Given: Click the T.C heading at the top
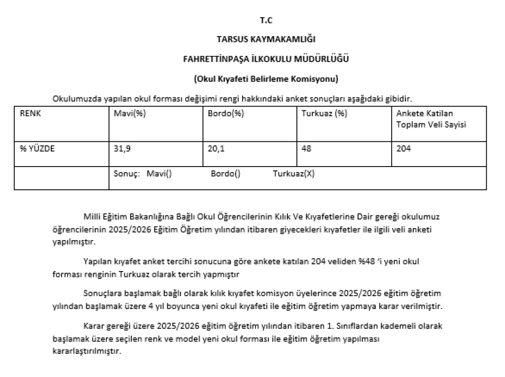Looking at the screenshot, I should point(266,20).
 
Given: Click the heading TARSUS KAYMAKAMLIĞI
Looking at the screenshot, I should point(266,39).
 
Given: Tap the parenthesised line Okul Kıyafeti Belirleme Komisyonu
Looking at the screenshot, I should point(266,78).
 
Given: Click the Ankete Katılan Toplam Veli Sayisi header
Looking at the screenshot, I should point(432,119).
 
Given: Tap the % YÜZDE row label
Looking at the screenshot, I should point(37,148).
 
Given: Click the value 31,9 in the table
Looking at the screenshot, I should point(122,148).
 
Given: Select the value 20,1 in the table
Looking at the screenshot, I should point(216,148).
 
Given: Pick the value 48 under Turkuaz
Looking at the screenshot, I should point(306,148).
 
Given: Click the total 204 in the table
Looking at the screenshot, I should point(403,148).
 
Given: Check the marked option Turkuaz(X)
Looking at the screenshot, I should point(293,174).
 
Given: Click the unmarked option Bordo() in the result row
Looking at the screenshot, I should point(225,174).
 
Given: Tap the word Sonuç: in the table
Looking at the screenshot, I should point(127,174).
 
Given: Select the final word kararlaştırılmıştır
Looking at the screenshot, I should point(86,352).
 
